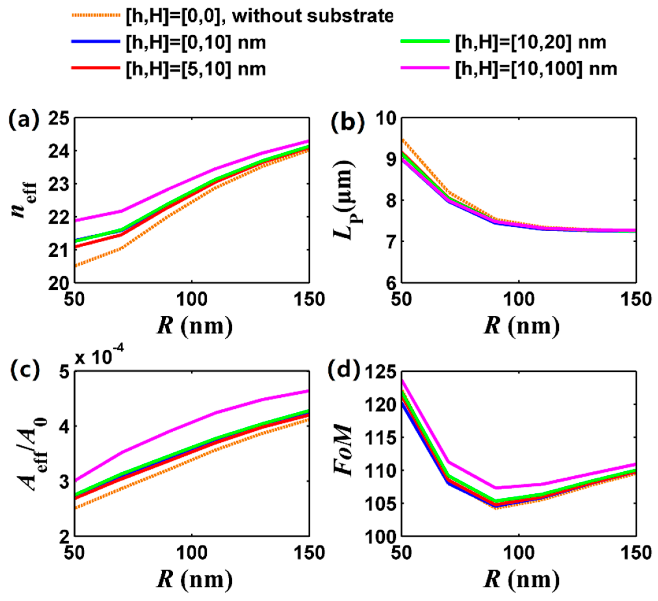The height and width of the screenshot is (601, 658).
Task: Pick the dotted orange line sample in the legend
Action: (95, 15)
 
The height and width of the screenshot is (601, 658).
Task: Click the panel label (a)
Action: (24, 120)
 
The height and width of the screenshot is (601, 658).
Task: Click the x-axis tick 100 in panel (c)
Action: (192, 553)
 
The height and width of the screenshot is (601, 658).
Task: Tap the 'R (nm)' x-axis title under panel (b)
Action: (521, 325)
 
